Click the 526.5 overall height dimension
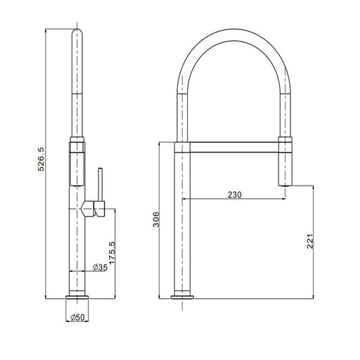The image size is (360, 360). [41, 159]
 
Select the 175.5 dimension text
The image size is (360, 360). [112, 252]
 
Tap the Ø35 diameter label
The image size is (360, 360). [100, 267]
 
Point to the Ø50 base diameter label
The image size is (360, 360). [77, 317]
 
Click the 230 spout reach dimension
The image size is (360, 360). [235, 195]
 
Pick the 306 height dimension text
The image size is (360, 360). [156, 219]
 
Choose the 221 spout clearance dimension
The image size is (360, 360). [310, 241]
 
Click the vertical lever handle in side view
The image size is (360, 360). [101, 184]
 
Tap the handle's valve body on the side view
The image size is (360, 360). [93, 209]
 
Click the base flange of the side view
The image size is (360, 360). [77, 297]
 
